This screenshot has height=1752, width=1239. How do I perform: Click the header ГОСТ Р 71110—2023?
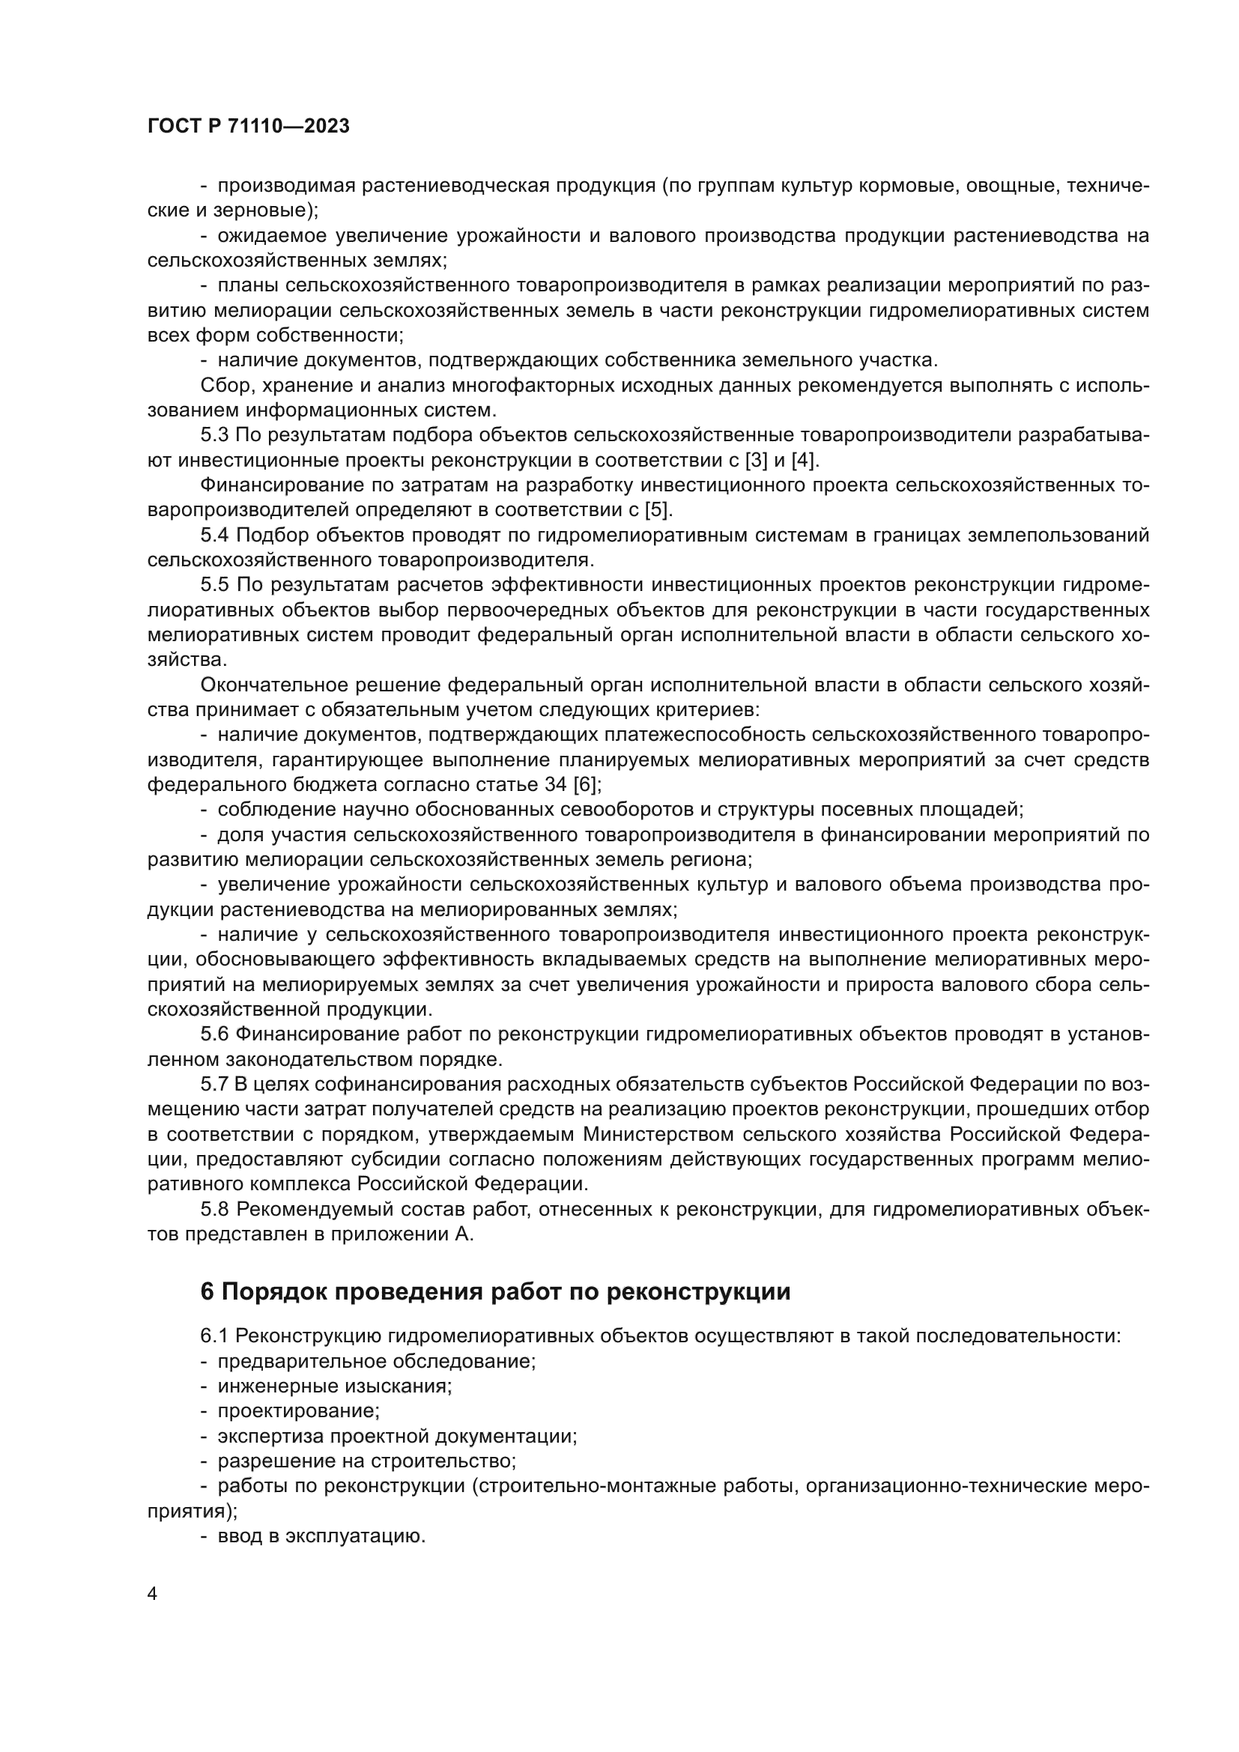click(x=248, y=127)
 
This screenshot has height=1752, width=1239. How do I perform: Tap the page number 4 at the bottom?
click(x=153, y=1594)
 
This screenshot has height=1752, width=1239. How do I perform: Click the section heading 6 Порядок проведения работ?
click(x=495, y=1291)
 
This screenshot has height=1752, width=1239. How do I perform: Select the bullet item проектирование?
click(x=298, y=1410)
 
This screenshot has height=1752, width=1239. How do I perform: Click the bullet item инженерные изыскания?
click(x=334, y=1386)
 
